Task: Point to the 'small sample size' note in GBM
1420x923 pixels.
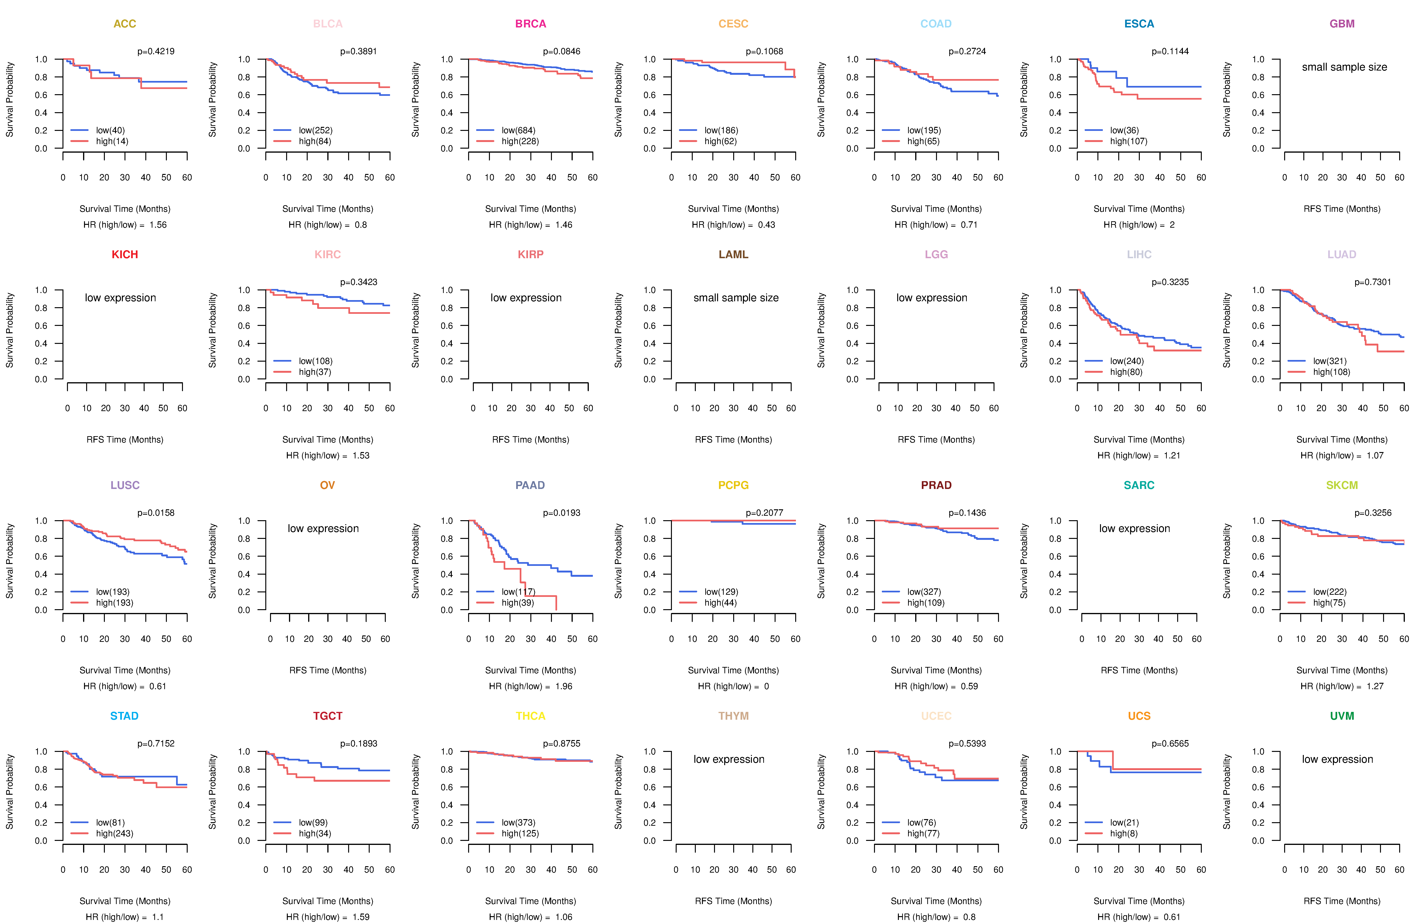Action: (x=1344, y=67)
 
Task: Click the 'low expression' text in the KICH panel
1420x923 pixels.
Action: (x=120, y=298)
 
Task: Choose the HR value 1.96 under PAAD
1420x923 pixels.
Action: (x=564, y=686)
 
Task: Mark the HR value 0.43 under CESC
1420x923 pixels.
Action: (x=767, y=225)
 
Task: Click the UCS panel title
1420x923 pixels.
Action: (x=1139, y=716)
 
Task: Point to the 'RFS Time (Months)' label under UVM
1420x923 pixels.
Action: (x=1342, y=901)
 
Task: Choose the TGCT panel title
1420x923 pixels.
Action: (x=328, y=716)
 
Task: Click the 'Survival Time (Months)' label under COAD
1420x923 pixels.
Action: (x=936, y=209)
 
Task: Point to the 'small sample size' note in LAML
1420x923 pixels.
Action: (x=736, y=298)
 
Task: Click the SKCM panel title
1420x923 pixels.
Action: (x=1342, y=485)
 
